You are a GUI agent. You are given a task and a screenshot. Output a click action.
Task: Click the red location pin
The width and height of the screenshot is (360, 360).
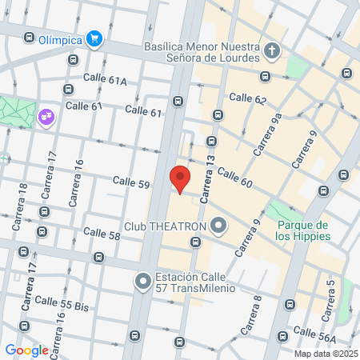click(180, 178)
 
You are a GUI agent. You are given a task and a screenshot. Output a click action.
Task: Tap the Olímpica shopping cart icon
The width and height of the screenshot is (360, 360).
click(94, 38)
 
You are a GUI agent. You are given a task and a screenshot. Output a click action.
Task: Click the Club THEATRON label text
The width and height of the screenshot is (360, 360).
click(166, 226)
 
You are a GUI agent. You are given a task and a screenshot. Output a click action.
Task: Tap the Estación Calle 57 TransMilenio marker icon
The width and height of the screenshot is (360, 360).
click(143, 282)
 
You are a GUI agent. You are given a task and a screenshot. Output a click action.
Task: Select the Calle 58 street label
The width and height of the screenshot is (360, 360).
click(102, 236)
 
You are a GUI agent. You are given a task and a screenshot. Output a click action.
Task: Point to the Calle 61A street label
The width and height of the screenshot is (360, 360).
click(106, 80)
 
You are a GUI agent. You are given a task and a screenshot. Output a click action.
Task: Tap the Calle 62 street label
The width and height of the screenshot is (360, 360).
click(247, 98)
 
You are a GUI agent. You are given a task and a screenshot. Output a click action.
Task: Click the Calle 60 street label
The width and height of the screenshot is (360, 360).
click(234, 178)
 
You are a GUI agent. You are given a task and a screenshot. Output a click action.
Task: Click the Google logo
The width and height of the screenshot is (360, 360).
click(26, 350)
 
